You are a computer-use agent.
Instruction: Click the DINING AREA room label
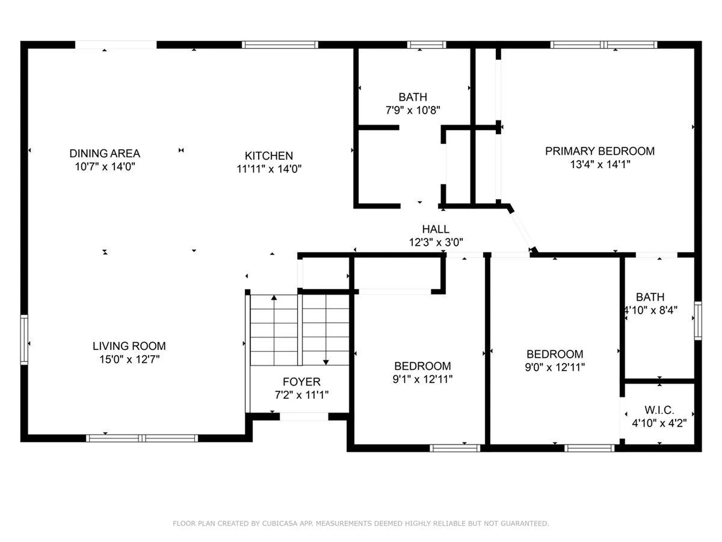pos(105,153)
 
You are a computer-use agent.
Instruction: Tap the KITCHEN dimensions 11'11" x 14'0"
pos(269,169)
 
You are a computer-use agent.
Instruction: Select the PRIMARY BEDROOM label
pos(600,151)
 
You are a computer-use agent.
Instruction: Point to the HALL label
pos(435,229)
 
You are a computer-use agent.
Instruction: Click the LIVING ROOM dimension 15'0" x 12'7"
pos(129,359)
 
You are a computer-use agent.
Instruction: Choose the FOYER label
pos(302,382)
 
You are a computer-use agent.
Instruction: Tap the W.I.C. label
pos(659,410)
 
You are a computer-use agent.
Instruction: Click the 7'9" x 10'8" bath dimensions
pos(413,110)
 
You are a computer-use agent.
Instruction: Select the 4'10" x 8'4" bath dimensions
pos(651,310)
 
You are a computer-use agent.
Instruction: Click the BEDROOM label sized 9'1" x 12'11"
pos(422,366)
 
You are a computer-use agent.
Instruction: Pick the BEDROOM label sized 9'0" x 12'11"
pos(555,354)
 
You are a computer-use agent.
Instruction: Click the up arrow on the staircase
pos(274,298)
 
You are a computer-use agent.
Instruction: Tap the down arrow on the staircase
pos(326,362)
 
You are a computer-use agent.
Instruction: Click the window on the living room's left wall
pos(24,340)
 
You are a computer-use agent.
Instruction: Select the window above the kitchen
pos(280,45)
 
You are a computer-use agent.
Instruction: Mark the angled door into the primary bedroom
pos(522,230)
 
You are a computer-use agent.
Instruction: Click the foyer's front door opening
pos(304,416)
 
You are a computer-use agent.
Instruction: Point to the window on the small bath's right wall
pos(698,321)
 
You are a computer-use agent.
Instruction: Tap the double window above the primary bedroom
pos(604,45)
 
